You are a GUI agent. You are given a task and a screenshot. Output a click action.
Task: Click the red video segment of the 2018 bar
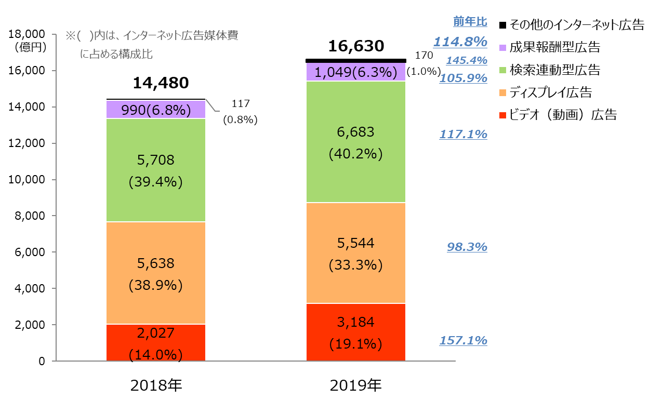point(156,342)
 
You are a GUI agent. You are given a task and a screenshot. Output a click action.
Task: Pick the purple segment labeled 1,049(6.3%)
point(355,72)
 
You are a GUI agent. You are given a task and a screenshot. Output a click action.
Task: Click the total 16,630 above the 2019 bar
point(356,47)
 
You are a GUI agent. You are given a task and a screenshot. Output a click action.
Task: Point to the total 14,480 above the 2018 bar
point(161,83)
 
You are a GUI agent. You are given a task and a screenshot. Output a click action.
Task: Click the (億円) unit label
point(31,47)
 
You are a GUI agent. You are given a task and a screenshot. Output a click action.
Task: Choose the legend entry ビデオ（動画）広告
point(563,115)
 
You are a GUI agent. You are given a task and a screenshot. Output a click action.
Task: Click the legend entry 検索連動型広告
point(555,70)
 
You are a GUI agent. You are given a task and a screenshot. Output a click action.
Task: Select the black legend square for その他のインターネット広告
point(502,25)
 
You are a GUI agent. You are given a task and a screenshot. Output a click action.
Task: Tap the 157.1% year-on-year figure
point(463,340)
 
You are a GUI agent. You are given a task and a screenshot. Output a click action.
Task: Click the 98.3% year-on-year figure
point(467,247)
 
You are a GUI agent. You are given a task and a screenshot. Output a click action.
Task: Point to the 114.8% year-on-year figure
point(460,42)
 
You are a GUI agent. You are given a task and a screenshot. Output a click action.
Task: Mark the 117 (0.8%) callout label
point(240,112)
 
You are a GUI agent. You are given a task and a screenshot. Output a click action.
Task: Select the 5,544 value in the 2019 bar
point(355,243)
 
